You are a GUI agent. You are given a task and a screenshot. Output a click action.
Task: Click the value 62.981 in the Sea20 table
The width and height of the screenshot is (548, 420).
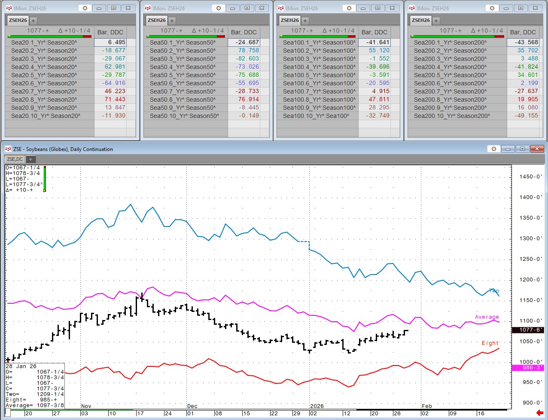click(114, 67)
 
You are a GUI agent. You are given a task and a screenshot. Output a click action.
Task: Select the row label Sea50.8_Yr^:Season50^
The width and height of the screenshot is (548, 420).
click(183, 100)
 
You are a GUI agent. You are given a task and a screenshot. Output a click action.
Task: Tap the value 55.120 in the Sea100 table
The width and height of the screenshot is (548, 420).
click(379, 51)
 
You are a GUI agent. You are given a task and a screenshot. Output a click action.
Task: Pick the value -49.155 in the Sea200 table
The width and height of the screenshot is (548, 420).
click(527, 116)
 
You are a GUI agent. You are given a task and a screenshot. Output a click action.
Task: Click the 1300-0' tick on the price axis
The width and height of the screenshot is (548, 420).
click(530, 239)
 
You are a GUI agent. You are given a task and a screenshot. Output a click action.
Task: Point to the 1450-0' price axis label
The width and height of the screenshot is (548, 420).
click(530, 177)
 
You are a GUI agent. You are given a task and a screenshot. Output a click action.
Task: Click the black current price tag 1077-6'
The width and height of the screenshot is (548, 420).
click(528, 330)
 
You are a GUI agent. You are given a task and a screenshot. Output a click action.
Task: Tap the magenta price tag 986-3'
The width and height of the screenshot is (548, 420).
click(528, 368)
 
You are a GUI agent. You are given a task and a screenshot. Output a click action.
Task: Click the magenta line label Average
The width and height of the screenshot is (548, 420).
click(487, 317)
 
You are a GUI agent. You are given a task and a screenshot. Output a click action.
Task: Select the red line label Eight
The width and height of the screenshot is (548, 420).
click(490, 343)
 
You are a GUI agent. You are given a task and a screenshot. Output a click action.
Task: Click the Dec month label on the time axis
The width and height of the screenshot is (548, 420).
click(192, 406)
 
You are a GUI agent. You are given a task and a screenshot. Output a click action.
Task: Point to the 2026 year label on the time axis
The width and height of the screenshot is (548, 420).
click(317, 406)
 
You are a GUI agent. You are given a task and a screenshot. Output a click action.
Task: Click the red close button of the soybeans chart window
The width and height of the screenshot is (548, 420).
click(537, 149)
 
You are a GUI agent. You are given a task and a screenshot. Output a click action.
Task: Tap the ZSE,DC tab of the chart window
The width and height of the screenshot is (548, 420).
click(15, 159)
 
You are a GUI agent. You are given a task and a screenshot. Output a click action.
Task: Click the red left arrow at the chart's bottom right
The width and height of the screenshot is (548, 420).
click(540, 413)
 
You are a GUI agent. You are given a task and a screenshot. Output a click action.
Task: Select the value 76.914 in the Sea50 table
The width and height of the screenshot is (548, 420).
click(248, 100)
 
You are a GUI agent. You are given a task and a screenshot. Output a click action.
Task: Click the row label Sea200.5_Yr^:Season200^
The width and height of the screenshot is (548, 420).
click(450, 75)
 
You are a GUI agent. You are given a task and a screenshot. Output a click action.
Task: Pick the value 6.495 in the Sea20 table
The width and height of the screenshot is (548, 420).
click(116, 42)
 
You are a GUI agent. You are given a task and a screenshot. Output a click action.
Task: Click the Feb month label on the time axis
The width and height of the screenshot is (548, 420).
click(426, 406)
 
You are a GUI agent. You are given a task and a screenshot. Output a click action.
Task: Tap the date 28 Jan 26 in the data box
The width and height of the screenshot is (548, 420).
click(21, 366)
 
